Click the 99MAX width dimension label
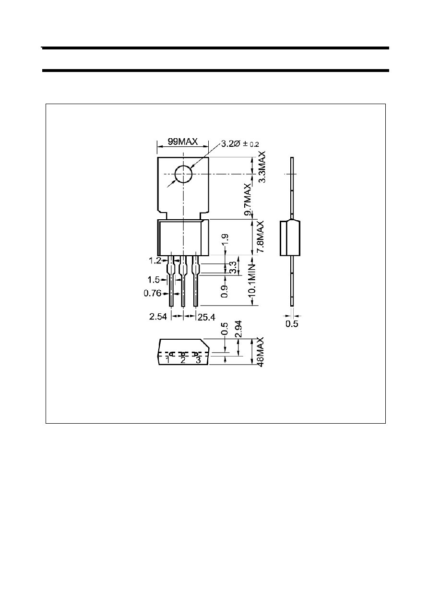coord(183,142)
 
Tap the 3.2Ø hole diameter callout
coord(240,143)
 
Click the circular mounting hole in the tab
coord(183,174)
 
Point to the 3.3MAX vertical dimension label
coord(262,167)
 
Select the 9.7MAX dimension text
coord(248,200)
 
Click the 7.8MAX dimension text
coord(260,237)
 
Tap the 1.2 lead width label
coord(155,261)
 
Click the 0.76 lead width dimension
coord(152,293)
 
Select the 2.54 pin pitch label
coord(158,316)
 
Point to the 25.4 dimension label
coord(206,317)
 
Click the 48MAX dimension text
coord(260,352)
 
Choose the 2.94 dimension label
coord(238,329)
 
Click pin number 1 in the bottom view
coord(168,360)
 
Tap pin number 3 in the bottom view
coord(198,360)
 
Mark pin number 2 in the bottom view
coord(183,360)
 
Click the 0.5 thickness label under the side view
coord(292,323)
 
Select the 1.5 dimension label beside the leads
coord(154,279)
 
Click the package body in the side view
coord(290,238)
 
